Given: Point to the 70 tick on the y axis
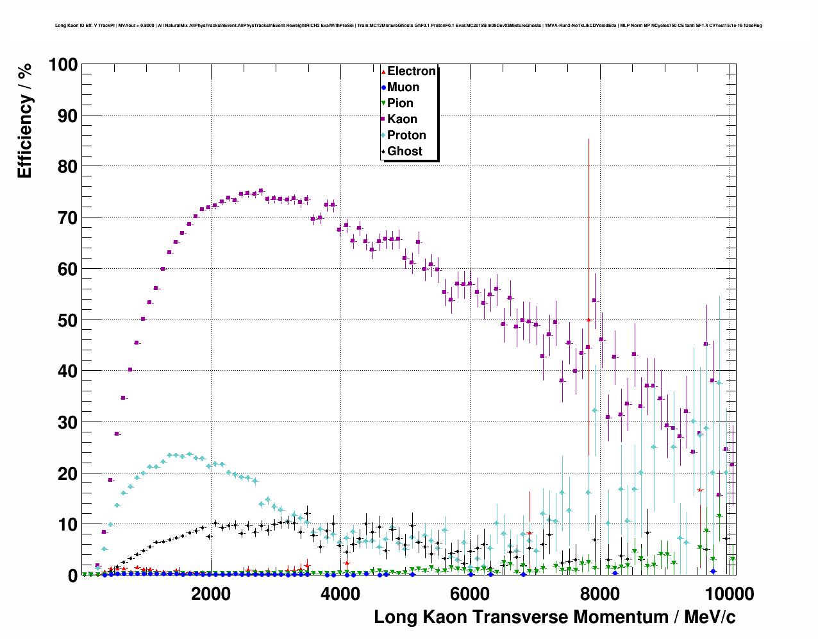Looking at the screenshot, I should coord(68,218).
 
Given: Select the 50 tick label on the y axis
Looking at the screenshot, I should coord(68,320).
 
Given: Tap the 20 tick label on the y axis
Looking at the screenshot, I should coord(68,473).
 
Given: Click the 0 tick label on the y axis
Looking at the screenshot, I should coord(72,576).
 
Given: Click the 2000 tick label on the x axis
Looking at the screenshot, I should coord(211,593).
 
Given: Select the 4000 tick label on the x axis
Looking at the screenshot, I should coord(340,593).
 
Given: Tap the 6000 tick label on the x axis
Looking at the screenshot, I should coord(470,593).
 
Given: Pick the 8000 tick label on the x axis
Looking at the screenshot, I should coord(599,593).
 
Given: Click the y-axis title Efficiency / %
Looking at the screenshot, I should coord(24,121).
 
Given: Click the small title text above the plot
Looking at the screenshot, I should coord(408,26).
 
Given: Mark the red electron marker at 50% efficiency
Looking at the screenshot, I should coord(588,319).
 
